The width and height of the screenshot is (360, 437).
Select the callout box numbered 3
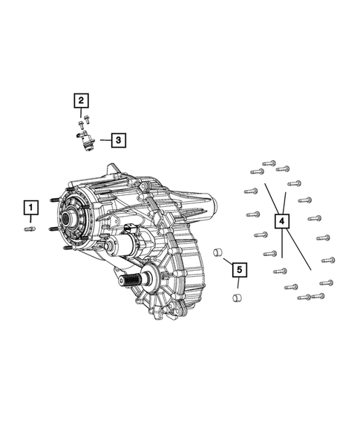(x=118, y=139)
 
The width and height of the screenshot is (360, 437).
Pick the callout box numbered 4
(x=282, y=221)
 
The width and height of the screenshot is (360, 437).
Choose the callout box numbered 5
(x=238, y=269)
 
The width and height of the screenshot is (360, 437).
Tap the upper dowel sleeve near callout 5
(x=218, y=253)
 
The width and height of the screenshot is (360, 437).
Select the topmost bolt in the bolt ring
(x=269, y=162)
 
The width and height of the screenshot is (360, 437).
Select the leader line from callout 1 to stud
(x=30, y=220)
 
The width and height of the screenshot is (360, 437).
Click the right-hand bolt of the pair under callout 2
(x=87, y=118)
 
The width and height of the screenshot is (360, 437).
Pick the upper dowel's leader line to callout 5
(x=227, y=259)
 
